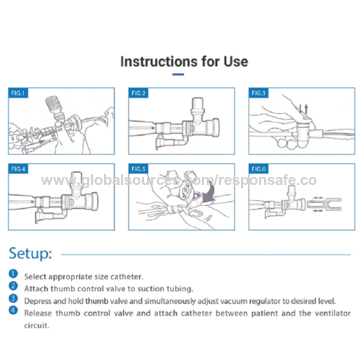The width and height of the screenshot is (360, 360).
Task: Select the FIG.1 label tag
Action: (19, 93)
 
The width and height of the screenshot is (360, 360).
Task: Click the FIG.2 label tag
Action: (138, 93)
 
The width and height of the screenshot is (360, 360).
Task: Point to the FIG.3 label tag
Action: (258, 93)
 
